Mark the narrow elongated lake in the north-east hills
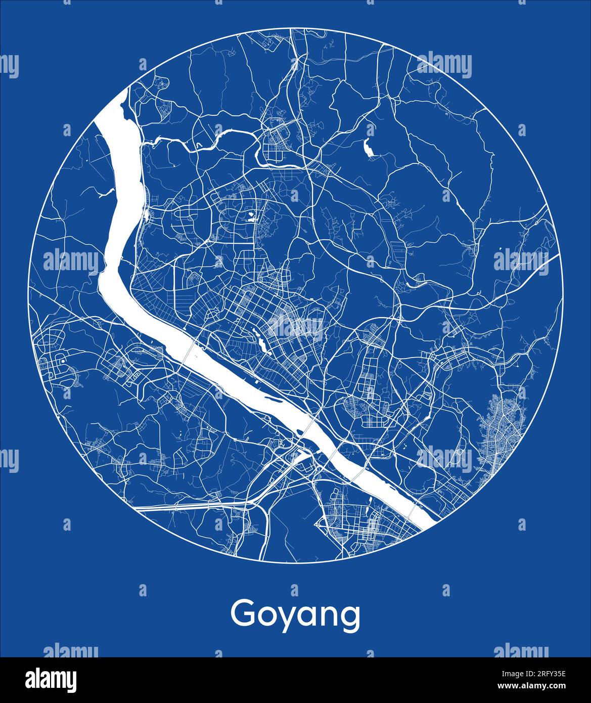(369, 146)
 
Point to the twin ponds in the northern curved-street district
(251, 219)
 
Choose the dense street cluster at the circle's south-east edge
(501, 430)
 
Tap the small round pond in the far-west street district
(62, 361)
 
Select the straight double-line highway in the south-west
(187, 506)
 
